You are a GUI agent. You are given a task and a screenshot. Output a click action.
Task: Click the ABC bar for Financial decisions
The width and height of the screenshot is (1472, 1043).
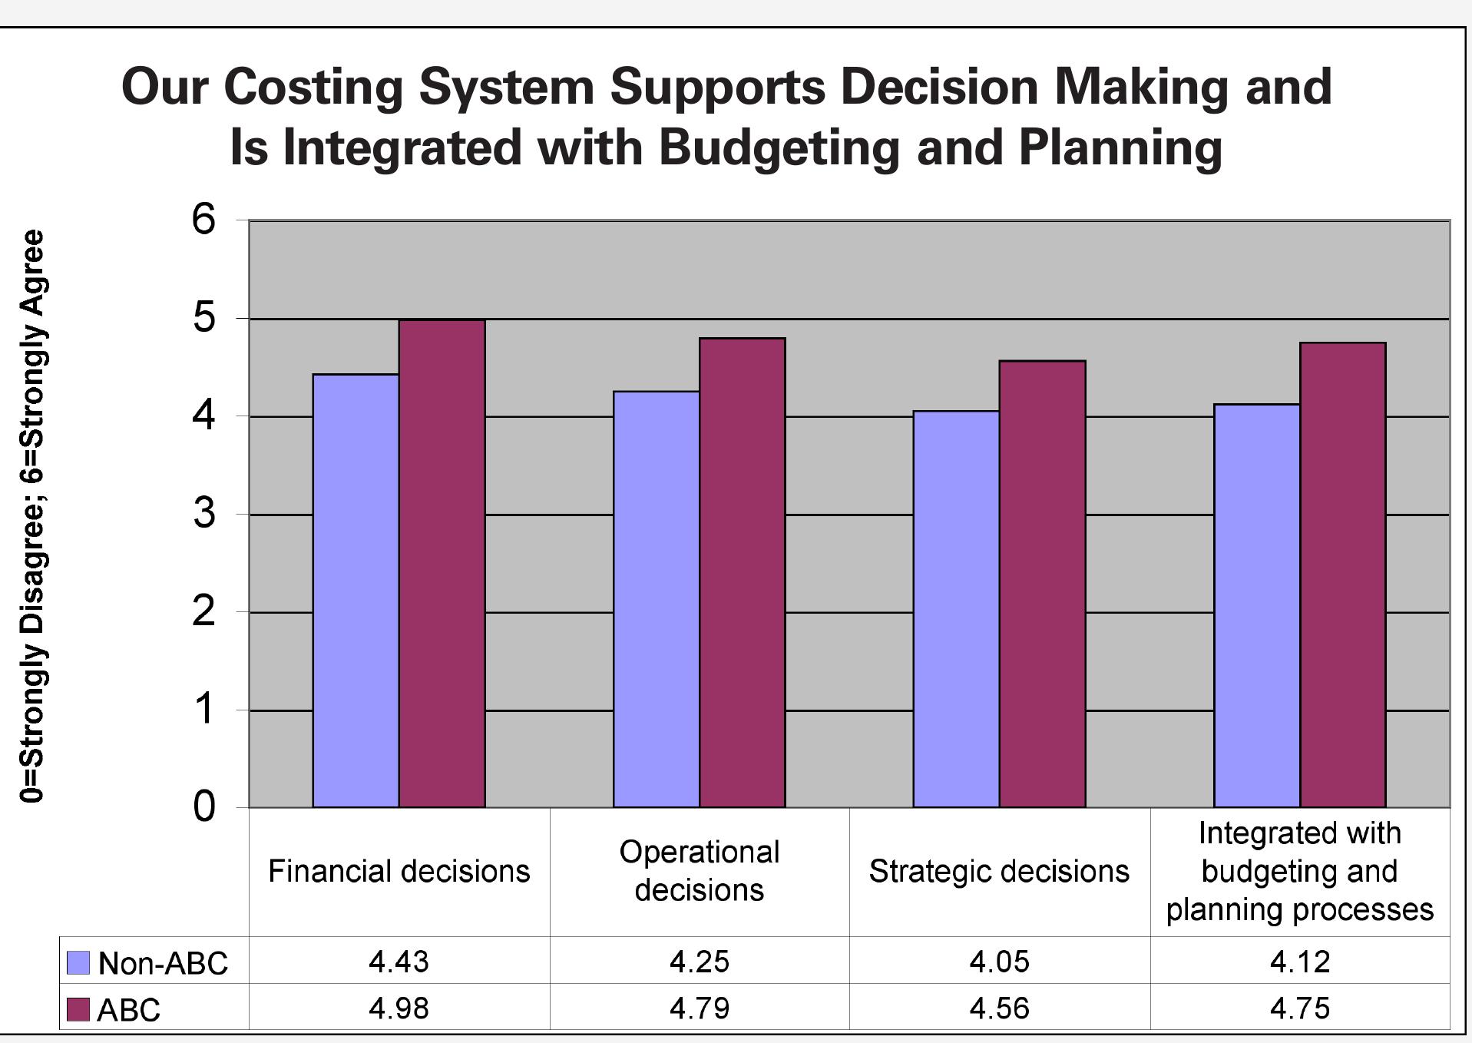click(442, 565)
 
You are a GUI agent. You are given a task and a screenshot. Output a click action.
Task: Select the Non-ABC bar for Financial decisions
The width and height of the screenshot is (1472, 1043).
click(356, 591)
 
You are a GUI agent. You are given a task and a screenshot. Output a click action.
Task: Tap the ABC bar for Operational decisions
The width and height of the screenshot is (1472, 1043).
click(742, 572)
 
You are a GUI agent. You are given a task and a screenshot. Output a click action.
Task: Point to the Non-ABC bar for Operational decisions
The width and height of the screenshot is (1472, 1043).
click(656, 599)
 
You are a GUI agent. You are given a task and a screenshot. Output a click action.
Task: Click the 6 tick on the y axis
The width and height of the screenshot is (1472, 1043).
click(204, 220)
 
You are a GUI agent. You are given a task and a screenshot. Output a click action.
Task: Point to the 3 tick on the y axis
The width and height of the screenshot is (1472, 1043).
click(204, 514)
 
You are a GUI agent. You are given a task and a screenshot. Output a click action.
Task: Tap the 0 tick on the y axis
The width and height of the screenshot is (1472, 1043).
click(204, 807)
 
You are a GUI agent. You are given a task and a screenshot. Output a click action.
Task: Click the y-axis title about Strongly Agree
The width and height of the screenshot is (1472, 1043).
click(32, 516)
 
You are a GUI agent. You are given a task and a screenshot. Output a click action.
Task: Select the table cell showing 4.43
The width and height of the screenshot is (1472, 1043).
click(399, 962)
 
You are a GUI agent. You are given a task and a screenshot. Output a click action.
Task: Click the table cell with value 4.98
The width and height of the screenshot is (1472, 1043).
click(399, 1008)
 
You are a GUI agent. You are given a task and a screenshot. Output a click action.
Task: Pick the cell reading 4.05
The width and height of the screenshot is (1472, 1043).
click(999, 962)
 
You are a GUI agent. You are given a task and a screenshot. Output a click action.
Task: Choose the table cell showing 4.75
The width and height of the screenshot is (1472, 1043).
click(1299, 1008)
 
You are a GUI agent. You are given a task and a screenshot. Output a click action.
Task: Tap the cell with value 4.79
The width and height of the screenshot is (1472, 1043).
click(699, 1008)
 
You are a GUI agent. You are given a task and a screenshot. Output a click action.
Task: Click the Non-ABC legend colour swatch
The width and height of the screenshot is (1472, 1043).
click(78, 962)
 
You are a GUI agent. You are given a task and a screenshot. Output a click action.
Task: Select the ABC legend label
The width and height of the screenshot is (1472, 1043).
click(128, 1010)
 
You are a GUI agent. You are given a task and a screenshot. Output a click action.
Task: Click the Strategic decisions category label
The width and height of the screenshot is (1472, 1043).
click(999, 872)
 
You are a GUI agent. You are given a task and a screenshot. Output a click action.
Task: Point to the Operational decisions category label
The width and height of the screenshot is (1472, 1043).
click(699, 871)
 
